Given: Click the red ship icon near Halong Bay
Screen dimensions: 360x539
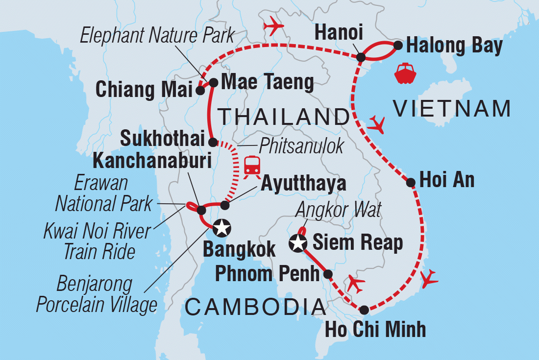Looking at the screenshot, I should tap(405, 73).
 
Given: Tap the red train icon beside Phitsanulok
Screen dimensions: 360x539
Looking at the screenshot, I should tap(252, 166).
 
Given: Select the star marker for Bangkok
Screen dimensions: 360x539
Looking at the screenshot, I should tap(221, 227).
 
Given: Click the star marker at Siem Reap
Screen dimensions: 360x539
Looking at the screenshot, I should tap(298, 242).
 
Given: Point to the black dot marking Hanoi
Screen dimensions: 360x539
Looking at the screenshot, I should tap(361, 57).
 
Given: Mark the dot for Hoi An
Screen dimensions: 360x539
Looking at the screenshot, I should tap(411, 183).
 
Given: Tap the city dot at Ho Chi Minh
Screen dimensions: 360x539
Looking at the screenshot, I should tap(364, 310).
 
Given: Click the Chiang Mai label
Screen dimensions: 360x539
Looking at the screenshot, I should tap(144, 91).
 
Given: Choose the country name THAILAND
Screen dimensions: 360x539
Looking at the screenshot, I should tap(283, 117).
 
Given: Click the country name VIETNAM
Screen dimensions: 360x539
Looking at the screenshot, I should tap(452, 109).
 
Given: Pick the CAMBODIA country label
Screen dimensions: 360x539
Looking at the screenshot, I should tap(255, 307).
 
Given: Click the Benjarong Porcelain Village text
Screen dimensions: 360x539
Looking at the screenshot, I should tap(97, 294).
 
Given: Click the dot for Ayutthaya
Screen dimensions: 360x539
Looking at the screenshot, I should tap(225, 204).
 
